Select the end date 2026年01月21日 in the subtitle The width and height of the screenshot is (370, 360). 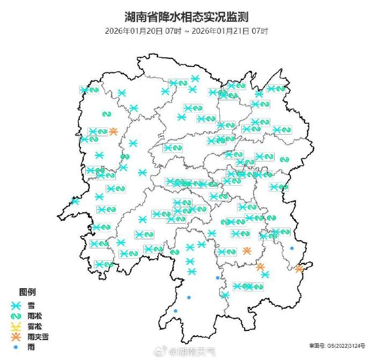226,31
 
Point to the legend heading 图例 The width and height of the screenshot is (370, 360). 28,292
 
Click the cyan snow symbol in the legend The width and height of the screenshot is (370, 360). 17,305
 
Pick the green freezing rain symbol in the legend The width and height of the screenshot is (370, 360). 17,315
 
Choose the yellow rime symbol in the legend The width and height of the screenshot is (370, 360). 17,326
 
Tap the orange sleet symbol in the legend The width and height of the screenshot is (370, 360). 17,337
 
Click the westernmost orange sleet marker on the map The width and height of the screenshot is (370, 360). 113,131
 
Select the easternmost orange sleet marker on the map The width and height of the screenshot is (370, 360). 300,268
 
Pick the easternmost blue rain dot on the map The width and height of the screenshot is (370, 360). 292,248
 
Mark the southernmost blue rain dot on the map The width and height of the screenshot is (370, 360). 175,311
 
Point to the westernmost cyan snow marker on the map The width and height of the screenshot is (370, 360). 75,201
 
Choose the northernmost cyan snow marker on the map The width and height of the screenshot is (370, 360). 195,78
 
